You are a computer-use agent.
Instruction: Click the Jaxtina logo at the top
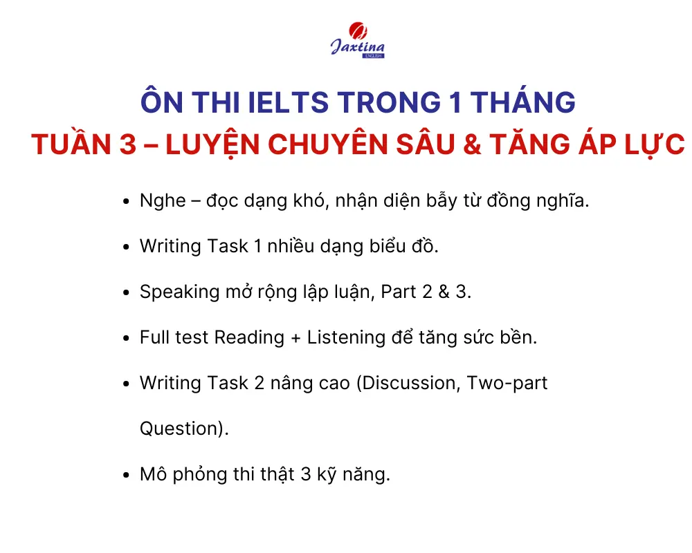tap(358, 40)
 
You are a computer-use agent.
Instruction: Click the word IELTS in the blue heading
tap(288, 102)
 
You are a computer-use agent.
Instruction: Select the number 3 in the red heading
tap(127, 144)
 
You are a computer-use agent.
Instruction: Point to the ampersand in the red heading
tap(472, 144)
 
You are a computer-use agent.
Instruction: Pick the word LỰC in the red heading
tap(655, 145)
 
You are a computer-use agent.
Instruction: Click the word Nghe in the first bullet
tap(163, 201)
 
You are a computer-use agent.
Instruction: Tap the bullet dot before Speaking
tap(126, 293)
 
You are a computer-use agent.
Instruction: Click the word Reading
tap(249, 338)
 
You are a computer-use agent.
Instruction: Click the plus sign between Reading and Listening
tap(295, 339)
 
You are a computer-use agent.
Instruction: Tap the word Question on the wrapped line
tap(181, 429)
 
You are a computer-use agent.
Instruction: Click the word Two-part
tap(507, 384)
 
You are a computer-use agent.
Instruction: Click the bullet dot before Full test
tap(126, 338)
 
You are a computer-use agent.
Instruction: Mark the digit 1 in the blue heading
tap(456, 102)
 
